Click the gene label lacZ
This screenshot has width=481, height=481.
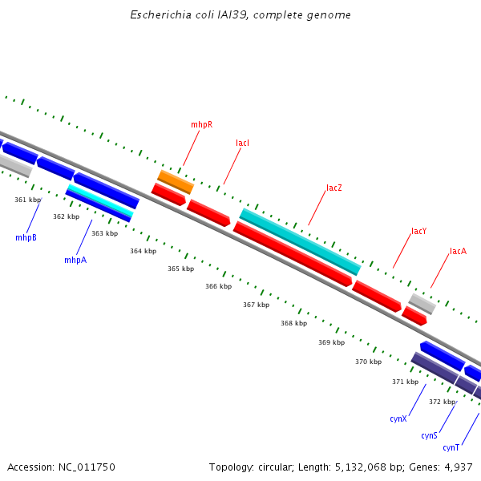[334, 188]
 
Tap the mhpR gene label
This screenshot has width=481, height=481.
[201, 125]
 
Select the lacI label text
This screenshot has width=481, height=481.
[242, 143]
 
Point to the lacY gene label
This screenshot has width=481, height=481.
[418, 232]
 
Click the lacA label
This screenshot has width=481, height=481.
[458, 252]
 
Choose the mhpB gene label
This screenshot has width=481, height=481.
[26, 238]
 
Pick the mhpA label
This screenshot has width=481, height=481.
[75, 261]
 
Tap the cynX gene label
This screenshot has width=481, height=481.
[398, 419]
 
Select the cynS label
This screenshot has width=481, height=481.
[429, 436]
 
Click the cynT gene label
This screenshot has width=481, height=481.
[451, 448]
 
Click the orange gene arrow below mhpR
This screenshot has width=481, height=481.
[176, 182]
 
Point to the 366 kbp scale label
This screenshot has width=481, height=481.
[218, 286]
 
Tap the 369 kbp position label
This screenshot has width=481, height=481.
[331, 342]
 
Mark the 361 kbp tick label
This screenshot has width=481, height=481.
[27, 200]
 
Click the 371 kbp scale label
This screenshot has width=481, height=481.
[405, 382]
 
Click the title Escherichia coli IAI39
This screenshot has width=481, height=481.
[240, 15]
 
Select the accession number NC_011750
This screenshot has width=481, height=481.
[87, 467]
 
